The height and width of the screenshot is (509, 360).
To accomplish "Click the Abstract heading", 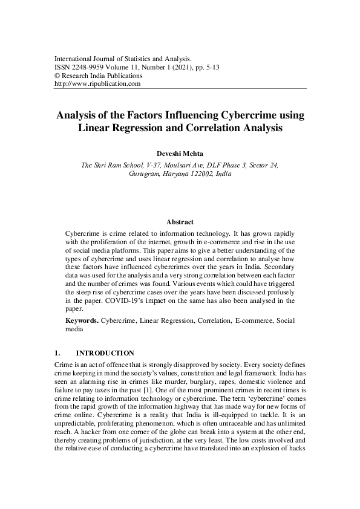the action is [x=180, y=222].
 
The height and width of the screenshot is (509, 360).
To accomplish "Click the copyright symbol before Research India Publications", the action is [x=57, y=76].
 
